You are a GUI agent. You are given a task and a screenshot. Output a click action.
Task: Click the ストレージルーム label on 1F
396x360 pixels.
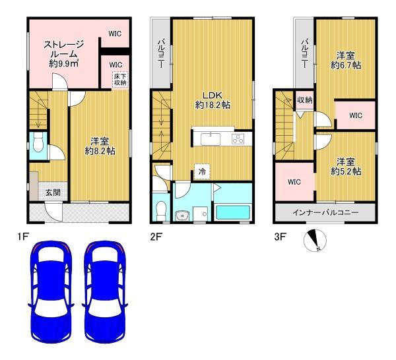[63, 54]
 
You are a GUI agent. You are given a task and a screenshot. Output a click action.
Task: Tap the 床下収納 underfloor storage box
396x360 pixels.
[121, 80]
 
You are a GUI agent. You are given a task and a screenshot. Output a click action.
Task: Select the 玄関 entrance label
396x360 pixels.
[53, 193]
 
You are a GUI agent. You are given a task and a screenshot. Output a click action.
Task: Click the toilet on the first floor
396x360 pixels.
[38, 142]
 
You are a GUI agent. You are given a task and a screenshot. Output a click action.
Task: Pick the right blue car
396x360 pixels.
[105, 291]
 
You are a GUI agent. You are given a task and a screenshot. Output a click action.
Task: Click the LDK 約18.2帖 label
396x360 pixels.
[213, 100]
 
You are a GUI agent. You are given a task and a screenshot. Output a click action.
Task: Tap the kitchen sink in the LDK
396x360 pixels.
[211, 139]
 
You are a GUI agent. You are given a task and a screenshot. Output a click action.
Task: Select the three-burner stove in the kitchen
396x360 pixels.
[238, 139]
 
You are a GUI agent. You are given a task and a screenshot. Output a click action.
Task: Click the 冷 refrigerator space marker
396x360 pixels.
[202, 172]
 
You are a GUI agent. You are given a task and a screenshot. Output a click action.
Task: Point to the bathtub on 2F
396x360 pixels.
[233, 212]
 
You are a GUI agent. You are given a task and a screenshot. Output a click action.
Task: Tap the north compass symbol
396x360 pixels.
[315, 241]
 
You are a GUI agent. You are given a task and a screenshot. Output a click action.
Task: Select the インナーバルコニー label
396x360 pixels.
[325, 213]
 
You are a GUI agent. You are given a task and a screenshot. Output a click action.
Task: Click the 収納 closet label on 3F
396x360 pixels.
[304, 100]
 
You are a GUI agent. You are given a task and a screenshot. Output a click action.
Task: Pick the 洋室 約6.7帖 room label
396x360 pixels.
[346, 61]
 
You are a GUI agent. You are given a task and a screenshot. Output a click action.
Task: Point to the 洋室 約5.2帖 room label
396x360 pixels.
[346, 167]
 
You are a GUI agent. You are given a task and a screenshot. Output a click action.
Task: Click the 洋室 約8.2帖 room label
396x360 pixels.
[100, 146]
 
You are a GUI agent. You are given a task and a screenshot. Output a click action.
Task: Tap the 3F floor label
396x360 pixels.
[280, 237]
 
